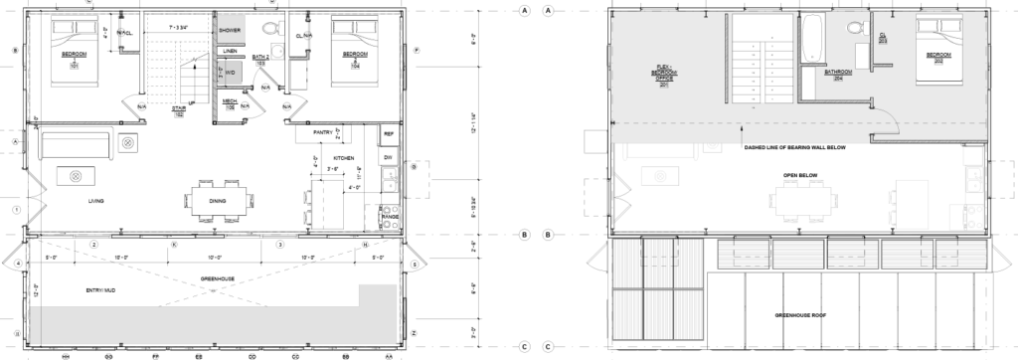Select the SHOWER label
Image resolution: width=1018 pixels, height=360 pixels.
pyautogui.click(x=230, y=31)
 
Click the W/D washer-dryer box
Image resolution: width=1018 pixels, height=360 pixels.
pyautogui.click(x=229, y=71)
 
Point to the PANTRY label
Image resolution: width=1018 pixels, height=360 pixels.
pyautogui.click(x=322, y=131)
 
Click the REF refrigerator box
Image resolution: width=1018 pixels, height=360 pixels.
pyautogui.click(x=389, y=132)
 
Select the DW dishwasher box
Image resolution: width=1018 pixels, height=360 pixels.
pyautogui.click(x=389, y=157)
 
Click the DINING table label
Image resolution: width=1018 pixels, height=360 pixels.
pyautogui.click(x=218, y=201)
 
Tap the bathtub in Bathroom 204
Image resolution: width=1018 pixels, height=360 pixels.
pyautogui.click(x=807, y=31)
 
